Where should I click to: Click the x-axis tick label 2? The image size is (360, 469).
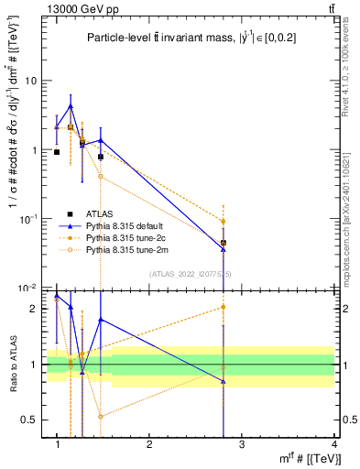click(149, 444)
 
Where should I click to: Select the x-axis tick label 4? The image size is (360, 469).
click(333, 444)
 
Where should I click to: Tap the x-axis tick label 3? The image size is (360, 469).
click(241, 444)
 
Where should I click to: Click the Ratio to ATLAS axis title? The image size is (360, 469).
click(13, 365)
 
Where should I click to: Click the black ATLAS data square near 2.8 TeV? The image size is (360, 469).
click(224, 243)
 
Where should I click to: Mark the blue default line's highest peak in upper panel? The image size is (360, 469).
click(71, 105)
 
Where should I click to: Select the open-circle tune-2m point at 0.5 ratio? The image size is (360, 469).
click(101, 416)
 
